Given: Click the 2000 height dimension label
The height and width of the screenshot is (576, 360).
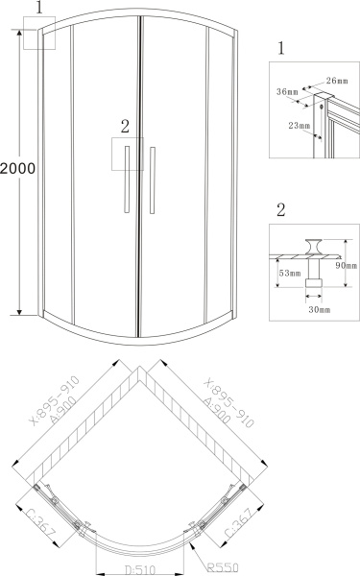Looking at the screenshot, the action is pyautogui.click(x=17, y=169).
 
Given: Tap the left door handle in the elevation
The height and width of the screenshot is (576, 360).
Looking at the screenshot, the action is pyautogui.click(x=127, y=180).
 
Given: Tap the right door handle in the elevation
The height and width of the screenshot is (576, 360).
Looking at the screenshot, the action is pyautogui.click(x=153, y=180).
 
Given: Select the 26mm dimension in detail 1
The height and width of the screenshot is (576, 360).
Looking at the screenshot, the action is pyautogui.click(x=337, y=81).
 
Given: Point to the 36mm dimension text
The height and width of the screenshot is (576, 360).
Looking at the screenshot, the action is pyautogui.click(x=287, y=91).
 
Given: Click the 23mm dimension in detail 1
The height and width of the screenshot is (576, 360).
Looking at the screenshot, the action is pyautogui.click(x=299, y=126).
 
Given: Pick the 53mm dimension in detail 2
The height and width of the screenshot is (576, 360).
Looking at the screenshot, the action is pyautogui.click(x=290, y=273).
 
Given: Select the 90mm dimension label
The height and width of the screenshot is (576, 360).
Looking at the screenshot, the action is pyautogui.click(x=346, y=265).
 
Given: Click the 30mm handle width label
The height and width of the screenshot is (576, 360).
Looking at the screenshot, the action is pyautogui.click(x=320, y=310).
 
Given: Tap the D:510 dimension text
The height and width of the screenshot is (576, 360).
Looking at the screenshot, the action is pyautogui.click(x=140, y=570).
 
